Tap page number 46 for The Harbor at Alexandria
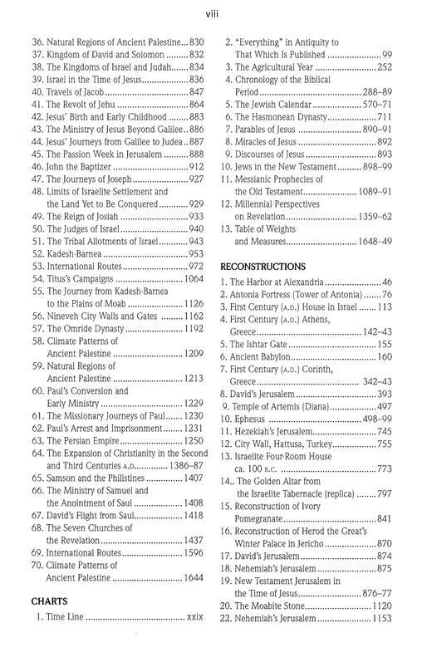(385, 282)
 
